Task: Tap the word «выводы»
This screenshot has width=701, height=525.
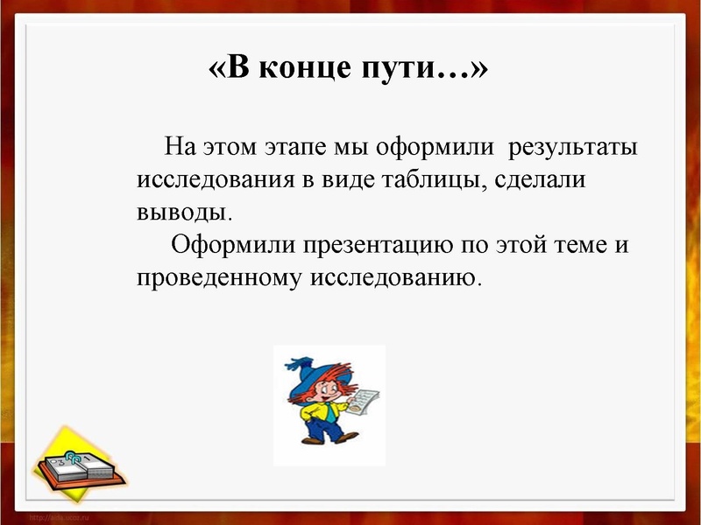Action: [184, 212]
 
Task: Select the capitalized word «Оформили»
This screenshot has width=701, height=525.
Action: [233, 244]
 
